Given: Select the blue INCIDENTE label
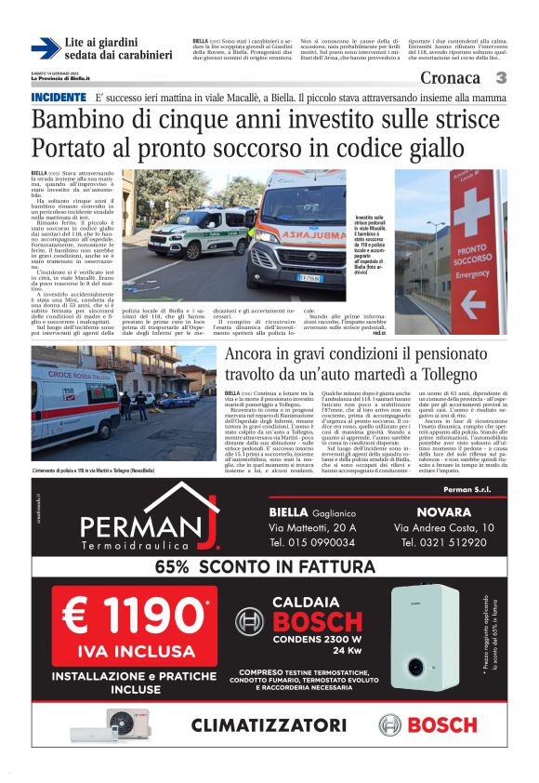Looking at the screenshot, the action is point(59,98).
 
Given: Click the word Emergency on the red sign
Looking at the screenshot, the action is point(473,274).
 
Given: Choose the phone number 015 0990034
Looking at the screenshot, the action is point(310,542).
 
